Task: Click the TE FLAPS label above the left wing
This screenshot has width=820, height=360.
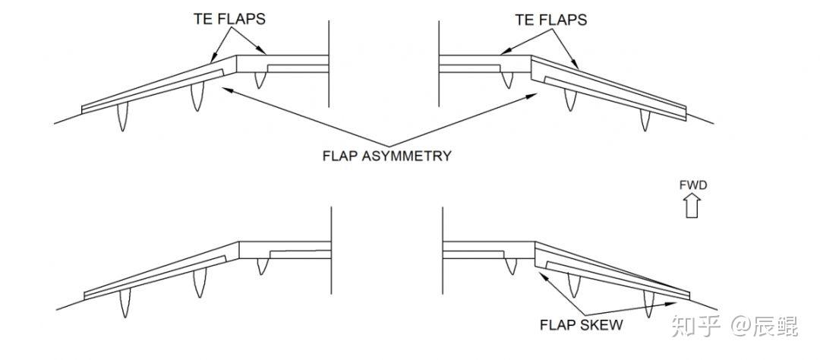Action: (x=229, y=19)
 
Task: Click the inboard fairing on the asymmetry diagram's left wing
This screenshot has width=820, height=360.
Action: (x=260, y=78)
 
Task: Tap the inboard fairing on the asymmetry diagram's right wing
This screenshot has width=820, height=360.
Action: (x=509, y=77)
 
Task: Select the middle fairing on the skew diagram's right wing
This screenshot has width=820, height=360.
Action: (x=574, y=286)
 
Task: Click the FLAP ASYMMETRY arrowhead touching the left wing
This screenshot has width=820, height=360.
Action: (x=225, y=86)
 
